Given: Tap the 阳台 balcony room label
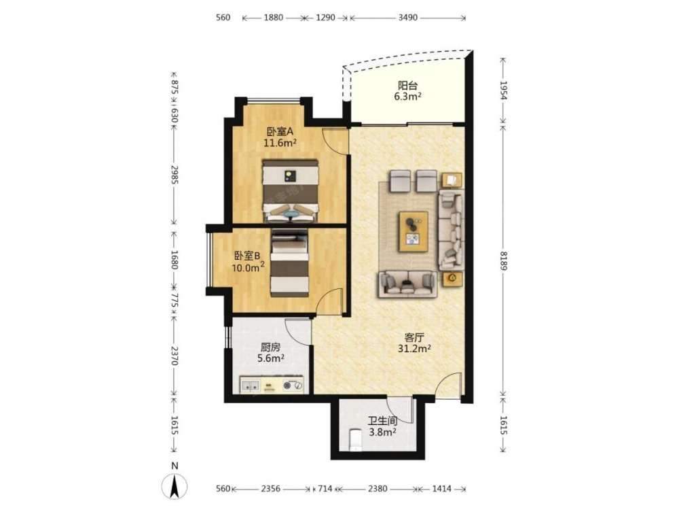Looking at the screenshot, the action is pos(407,86).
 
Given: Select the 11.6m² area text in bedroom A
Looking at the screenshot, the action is pos(280,142).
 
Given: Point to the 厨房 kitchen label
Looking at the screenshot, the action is pos(271,347).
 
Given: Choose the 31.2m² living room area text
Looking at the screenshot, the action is pos(414,347).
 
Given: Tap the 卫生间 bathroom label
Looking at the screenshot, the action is pos(383,421).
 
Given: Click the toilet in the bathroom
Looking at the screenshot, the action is pos(355,440).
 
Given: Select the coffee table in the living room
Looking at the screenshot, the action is pos(414,231).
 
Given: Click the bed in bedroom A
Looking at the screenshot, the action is pos(291,191).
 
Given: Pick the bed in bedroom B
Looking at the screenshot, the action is pos(290,263).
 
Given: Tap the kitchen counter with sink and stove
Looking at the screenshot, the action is pos(272,385).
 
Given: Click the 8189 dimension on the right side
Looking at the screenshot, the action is pos(504,260).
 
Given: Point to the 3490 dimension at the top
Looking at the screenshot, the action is pos(407,18).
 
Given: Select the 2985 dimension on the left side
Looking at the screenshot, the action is pos(174,175).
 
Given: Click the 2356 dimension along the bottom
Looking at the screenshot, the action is pos(271,489).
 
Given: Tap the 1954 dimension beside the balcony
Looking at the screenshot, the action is pos(504,90).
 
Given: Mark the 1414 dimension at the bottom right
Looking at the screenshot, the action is pos(442,489).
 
